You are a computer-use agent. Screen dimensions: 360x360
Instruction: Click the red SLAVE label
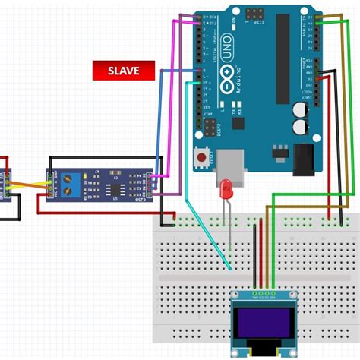coord(124,71)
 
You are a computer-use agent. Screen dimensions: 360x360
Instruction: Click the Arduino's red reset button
coord(204,157)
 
